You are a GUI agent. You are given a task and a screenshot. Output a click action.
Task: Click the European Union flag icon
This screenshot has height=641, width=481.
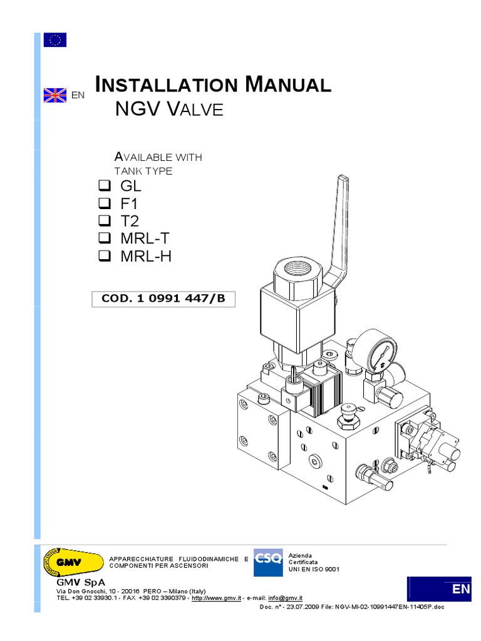54,40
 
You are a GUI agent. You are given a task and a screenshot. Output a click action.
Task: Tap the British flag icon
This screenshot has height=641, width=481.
54,95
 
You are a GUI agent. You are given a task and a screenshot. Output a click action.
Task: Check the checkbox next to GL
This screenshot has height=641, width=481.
104,186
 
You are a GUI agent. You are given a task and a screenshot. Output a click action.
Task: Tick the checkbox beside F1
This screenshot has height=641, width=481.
104,203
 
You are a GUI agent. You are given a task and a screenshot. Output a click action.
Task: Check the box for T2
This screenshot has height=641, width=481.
104,221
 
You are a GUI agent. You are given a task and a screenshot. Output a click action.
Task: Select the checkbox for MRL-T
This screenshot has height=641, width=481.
104,238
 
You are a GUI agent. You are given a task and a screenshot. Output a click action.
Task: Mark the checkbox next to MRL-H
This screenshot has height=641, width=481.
104,256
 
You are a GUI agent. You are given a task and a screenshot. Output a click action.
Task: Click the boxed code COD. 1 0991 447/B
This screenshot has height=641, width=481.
163,299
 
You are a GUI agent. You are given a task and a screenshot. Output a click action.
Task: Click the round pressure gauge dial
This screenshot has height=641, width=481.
381,351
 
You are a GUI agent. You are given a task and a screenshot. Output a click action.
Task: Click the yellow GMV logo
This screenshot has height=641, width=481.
71,561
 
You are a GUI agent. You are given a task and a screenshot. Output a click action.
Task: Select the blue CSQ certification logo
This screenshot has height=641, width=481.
268,562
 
